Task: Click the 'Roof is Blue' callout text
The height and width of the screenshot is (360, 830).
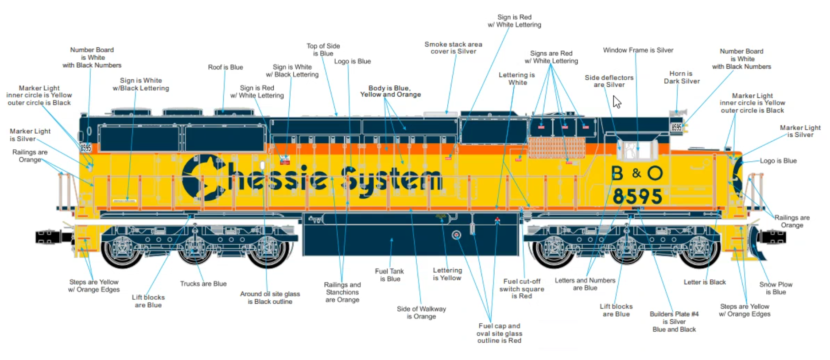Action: [x=225, y=67]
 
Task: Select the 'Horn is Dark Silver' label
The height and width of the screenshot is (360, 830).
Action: [x=681, y=77]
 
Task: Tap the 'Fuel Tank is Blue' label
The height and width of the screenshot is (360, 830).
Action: [x=389, y=275]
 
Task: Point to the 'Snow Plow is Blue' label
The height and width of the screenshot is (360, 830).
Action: [x=776, y=288]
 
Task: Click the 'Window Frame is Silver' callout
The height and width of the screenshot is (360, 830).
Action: [x=638, y=50]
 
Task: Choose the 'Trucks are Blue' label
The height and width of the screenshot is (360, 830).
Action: [x=203, y=284]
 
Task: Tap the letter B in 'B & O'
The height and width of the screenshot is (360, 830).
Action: [x=617, y=173]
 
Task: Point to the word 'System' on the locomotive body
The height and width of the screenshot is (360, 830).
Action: [x=392, y=181]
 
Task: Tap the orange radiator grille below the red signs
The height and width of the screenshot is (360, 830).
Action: [x=556, y=148]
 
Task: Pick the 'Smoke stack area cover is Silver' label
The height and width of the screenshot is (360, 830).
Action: [x=453, y=48]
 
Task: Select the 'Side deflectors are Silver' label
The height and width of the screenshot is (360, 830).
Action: [x=609, y=81]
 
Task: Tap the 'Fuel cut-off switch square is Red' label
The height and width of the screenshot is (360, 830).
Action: [x=522, y=289]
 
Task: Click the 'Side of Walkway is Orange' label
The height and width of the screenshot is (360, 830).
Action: [x=421, y=313]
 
